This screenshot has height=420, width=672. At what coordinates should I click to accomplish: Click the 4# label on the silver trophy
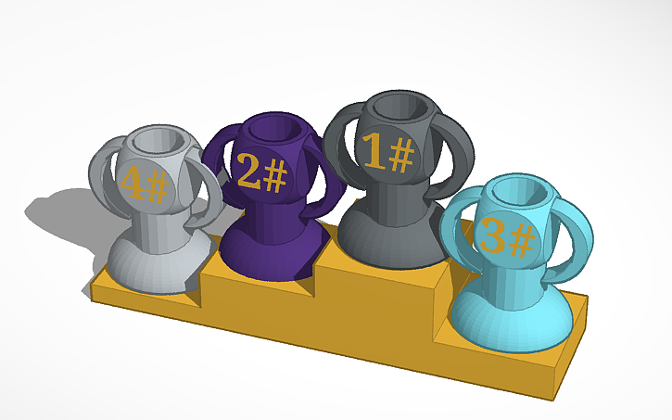coord(144,185)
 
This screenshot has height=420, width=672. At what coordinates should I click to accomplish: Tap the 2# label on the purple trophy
coord(260,171)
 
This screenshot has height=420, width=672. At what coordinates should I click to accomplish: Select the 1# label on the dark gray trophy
coord(387,153)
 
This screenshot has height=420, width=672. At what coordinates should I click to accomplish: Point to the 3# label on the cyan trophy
coord(508,238)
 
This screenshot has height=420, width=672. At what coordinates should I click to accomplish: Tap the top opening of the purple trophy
coord(283,127)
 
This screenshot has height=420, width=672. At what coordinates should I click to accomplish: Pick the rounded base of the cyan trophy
coord(505,320)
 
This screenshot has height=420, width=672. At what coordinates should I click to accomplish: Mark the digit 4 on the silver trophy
coord(131,184)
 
